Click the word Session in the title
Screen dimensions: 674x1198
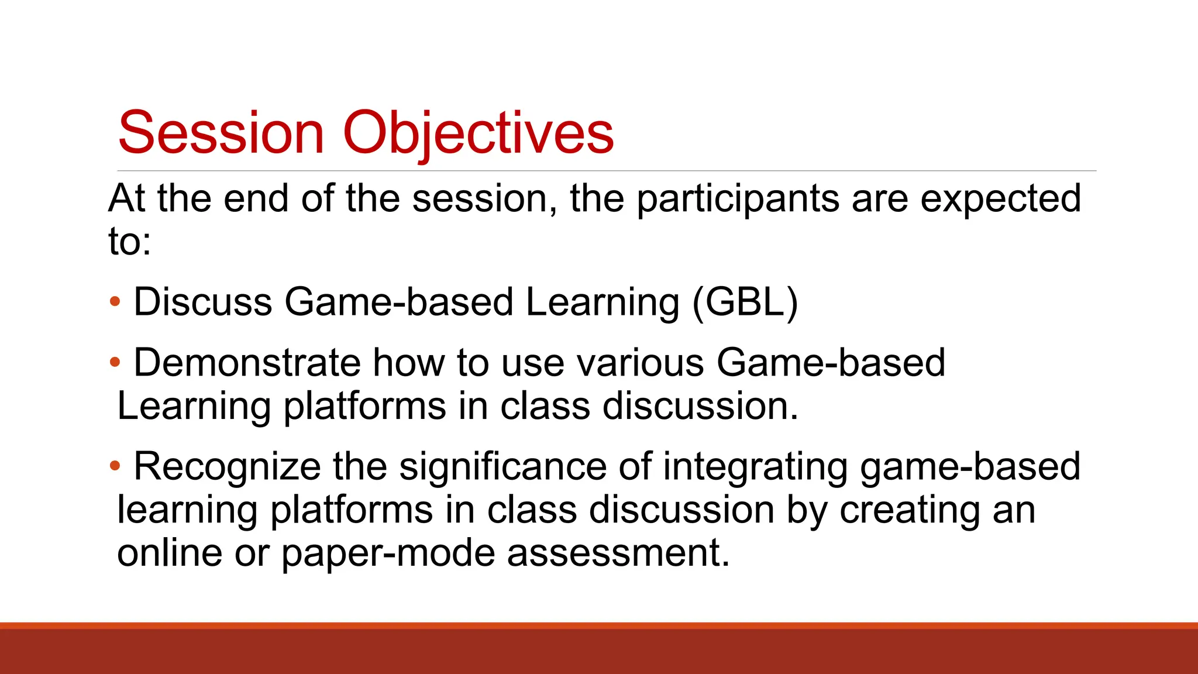[x=221, y=133]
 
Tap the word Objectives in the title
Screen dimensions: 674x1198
[x=478, y=133]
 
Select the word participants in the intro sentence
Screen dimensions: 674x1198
[x=738, y=199]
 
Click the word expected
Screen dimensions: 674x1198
[x=1000, y=199]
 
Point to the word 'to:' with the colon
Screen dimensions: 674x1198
[x=130, y=241]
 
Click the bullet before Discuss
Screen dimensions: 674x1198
[x=115, y=302]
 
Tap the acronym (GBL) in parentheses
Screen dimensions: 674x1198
[x=745, y=302]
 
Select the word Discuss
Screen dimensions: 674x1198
[x=203, y=302]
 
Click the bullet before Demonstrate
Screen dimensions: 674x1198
[x=115, y=363]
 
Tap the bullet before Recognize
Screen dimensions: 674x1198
[x=115, y=466]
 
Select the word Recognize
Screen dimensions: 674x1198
[x=227, y=466]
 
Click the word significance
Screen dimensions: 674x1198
[x=502, y=466]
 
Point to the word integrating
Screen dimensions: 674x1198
[x=755, y=466]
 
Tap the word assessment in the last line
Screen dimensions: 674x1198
[x=618, y=553]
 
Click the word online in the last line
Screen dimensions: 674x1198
[x=170, y=553]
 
